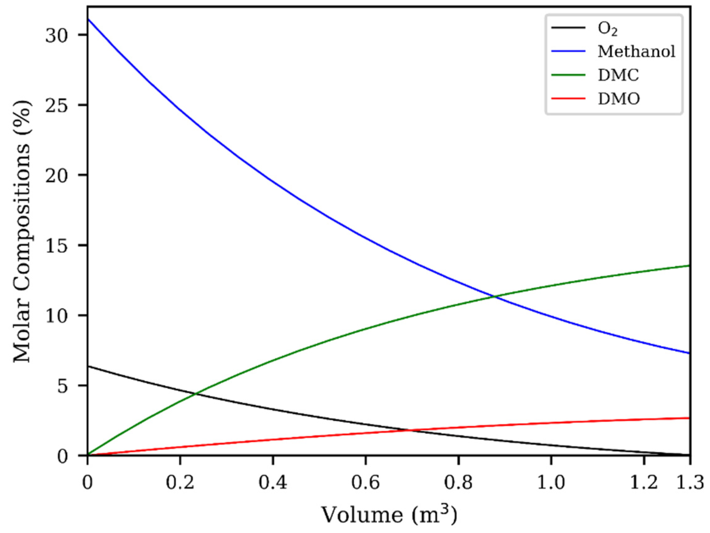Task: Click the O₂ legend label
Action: click(x=607, y=29)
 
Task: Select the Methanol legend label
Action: click(x=636, y=52)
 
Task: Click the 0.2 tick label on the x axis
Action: click(x=180, y=483)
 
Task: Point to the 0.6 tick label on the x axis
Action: click(x=366, y=483)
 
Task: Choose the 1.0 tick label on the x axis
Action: click(x=551, y=483)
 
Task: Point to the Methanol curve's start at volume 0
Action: click(x=88, y=19)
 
